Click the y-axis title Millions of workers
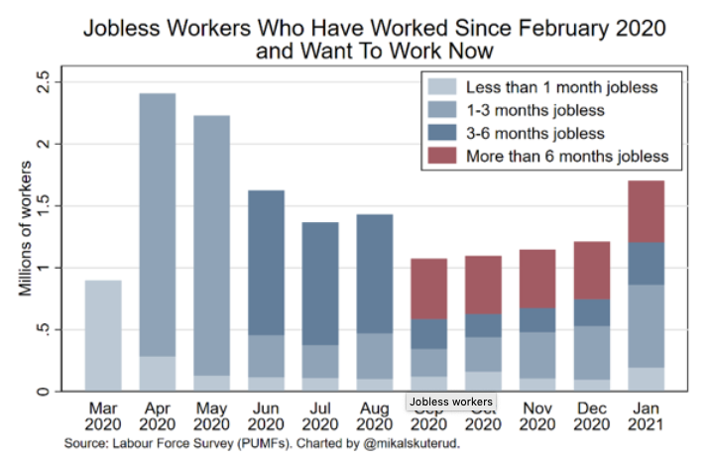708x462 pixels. [23, 237]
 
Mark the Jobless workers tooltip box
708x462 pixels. [452, 402]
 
